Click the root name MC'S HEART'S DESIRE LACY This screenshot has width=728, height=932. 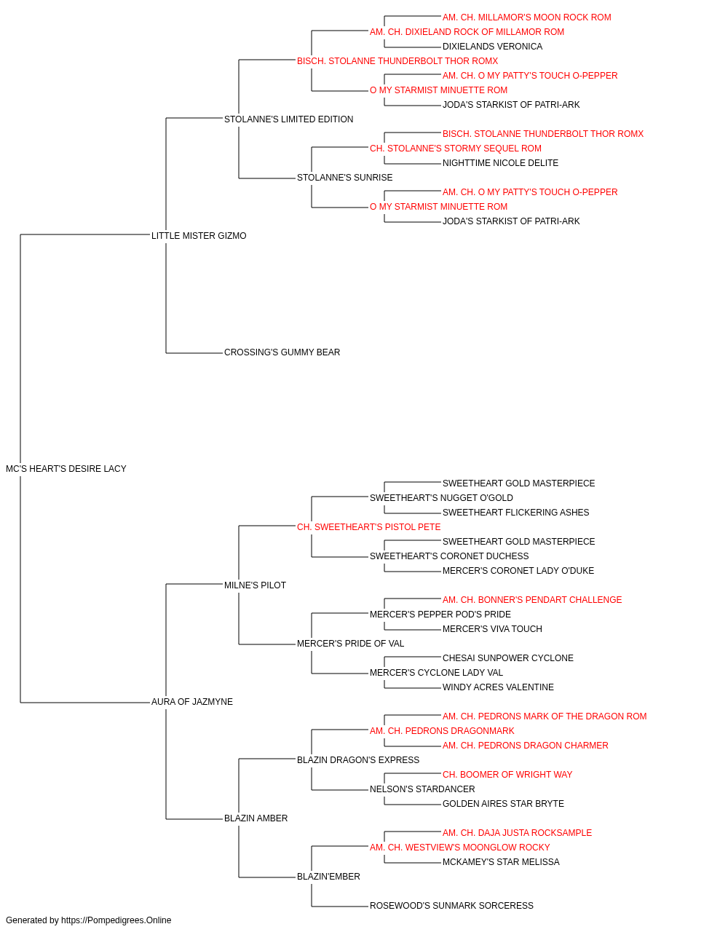[x=66, y=469]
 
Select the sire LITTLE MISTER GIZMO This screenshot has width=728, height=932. [x=199, y=235]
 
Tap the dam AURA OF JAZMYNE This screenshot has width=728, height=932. [x=192, y=702]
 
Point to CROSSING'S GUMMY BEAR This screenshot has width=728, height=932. [x=282, y=352]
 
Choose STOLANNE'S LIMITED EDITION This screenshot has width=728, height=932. [x=288, y=119]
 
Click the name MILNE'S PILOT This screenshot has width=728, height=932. [x=255, y=585]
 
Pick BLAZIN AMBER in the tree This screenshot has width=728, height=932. [x=256, y=818]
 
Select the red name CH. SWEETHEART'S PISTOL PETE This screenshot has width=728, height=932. [x=368, y=527]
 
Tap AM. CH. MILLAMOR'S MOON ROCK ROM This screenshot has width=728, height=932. [x=527, y=17]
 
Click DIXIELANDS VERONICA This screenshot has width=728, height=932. [x=493, y=47]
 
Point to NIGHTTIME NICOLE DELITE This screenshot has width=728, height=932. [x=500, y=163]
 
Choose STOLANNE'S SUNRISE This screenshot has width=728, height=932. [x=344, y=178]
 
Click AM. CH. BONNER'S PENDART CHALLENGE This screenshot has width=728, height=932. [x=532, y=600]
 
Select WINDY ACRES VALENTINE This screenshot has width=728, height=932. [x=498, y=687]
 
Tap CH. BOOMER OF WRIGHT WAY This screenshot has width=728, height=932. [x=507, y=775]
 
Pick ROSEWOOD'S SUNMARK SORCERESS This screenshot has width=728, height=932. [x=451, y=906]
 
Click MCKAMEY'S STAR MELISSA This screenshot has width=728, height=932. [x=501, y=862]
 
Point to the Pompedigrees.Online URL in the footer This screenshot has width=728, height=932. [x=116, y=920]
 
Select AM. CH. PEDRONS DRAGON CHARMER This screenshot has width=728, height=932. [x=525, y=746]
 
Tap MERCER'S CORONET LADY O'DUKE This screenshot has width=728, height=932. [x=518, y=571]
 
